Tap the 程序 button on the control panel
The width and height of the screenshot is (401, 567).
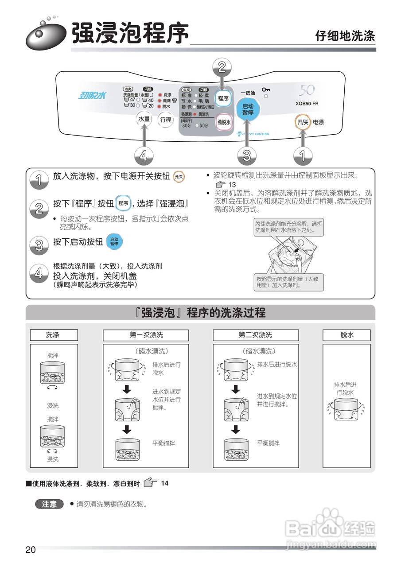click(x=223, y=98)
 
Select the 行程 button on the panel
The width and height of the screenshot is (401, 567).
click(x=166, y=119)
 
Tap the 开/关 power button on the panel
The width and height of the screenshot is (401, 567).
click(x=303, y=122)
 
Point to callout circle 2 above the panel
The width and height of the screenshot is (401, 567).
click(x=222, y=67)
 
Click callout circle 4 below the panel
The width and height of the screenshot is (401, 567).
click(x=143, y=155)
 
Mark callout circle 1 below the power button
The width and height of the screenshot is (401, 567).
click(x=303, y=155)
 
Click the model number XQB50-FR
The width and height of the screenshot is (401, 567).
click(x=307, y=104)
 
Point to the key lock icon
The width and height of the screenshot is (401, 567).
click(x=266, y=89)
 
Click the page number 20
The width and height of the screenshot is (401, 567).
click(x=30, y=550)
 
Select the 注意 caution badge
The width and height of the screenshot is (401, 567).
click(x=49, y=504)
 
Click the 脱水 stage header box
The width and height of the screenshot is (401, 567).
click(x=347, y=335)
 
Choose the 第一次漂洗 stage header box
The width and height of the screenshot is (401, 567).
click(x=146, y=335)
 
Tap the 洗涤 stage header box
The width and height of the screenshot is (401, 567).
click(x=53, y=335)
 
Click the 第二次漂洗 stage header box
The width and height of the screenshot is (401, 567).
click(x=255, y=335)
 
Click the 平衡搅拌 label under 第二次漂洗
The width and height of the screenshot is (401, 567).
click(x=269, y=443)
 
